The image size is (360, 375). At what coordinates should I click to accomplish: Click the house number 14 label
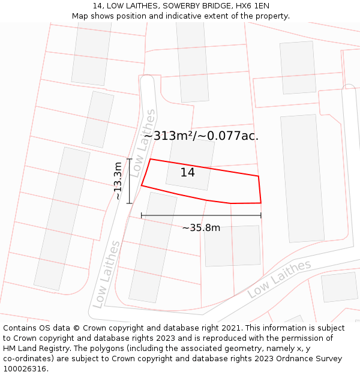[x=188, y=173]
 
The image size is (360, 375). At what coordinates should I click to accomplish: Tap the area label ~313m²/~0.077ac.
[x=201, y=136]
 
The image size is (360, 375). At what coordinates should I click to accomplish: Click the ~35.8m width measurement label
[x=201, y=228]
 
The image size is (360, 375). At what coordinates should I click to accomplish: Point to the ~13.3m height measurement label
[x=118, y=181]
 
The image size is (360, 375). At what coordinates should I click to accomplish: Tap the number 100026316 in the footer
[x=26, y=369]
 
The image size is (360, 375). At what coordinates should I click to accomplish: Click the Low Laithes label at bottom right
[x=279, y=279]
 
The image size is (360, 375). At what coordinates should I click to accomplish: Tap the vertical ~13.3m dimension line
[x=130, y=181]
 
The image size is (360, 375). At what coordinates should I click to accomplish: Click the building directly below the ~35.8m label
[x=232, y=245]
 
